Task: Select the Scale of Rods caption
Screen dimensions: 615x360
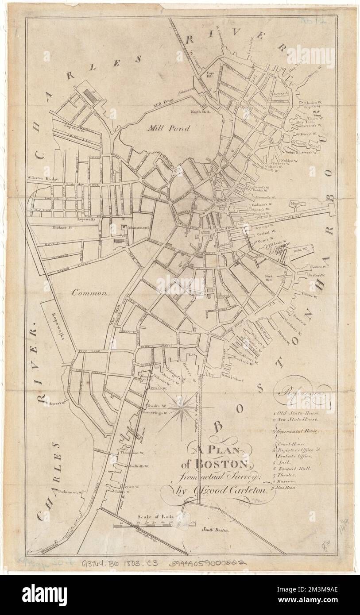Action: pos(151,516)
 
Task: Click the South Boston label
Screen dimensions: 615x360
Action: pos(214,529)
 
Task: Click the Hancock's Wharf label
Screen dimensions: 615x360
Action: pos(306,143)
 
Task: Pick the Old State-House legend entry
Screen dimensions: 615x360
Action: pos(294,412)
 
